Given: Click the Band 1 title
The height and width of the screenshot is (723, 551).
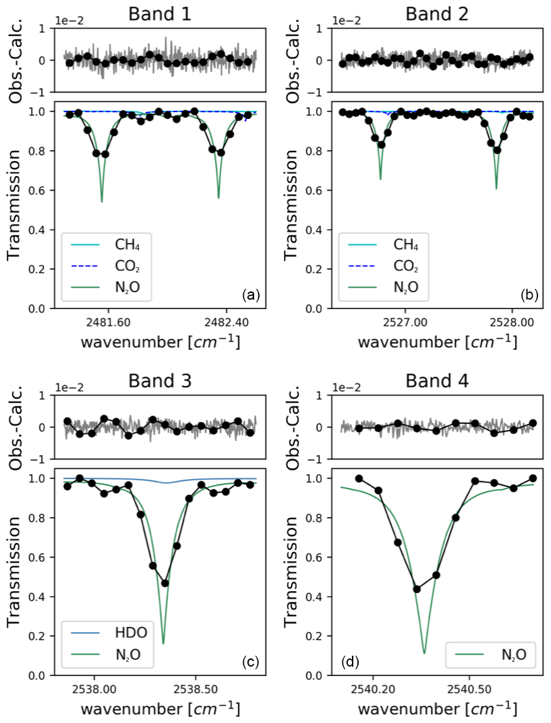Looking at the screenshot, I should point(160,12).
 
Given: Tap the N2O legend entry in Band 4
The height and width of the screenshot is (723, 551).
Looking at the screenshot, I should point(514,654).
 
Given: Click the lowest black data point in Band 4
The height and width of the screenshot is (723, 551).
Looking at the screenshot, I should point(417,589).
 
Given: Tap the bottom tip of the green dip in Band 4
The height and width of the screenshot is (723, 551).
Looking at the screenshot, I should point(425,653).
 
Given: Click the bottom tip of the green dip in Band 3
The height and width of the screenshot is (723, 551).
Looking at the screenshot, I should point(163,643).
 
